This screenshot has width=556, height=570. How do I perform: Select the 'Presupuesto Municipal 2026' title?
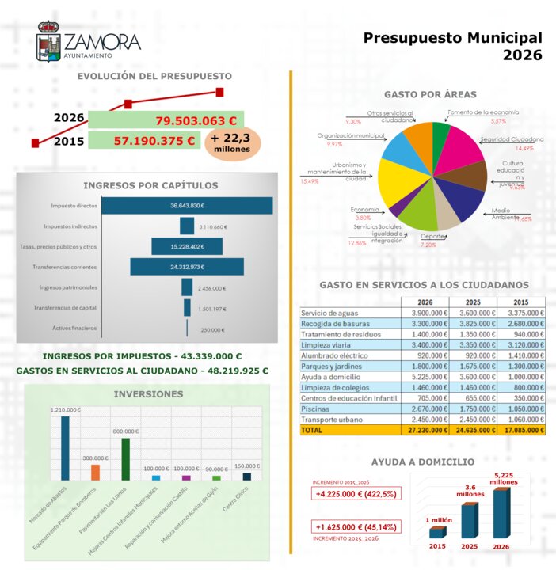tap(453, 47)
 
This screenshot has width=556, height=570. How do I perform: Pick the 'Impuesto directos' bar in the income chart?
tap(187, 205)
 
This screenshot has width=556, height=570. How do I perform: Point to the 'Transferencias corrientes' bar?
tap(187, 267)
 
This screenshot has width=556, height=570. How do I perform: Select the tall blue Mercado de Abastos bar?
tap(64, 448)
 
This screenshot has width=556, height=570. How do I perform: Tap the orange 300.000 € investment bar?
tap(95, 472)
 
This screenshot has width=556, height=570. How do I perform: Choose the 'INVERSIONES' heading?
tap(148, 393)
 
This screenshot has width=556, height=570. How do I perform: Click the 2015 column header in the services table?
tap(520, 302)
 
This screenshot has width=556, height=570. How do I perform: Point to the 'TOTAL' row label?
tap(313, 430)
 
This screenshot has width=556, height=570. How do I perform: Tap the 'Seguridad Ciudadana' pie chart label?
tap(512, 139)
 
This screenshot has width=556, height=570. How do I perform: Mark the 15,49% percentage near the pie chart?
tap(309, 181)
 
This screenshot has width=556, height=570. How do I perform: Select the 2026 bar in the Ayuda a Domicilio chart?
tap(501, 514)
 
